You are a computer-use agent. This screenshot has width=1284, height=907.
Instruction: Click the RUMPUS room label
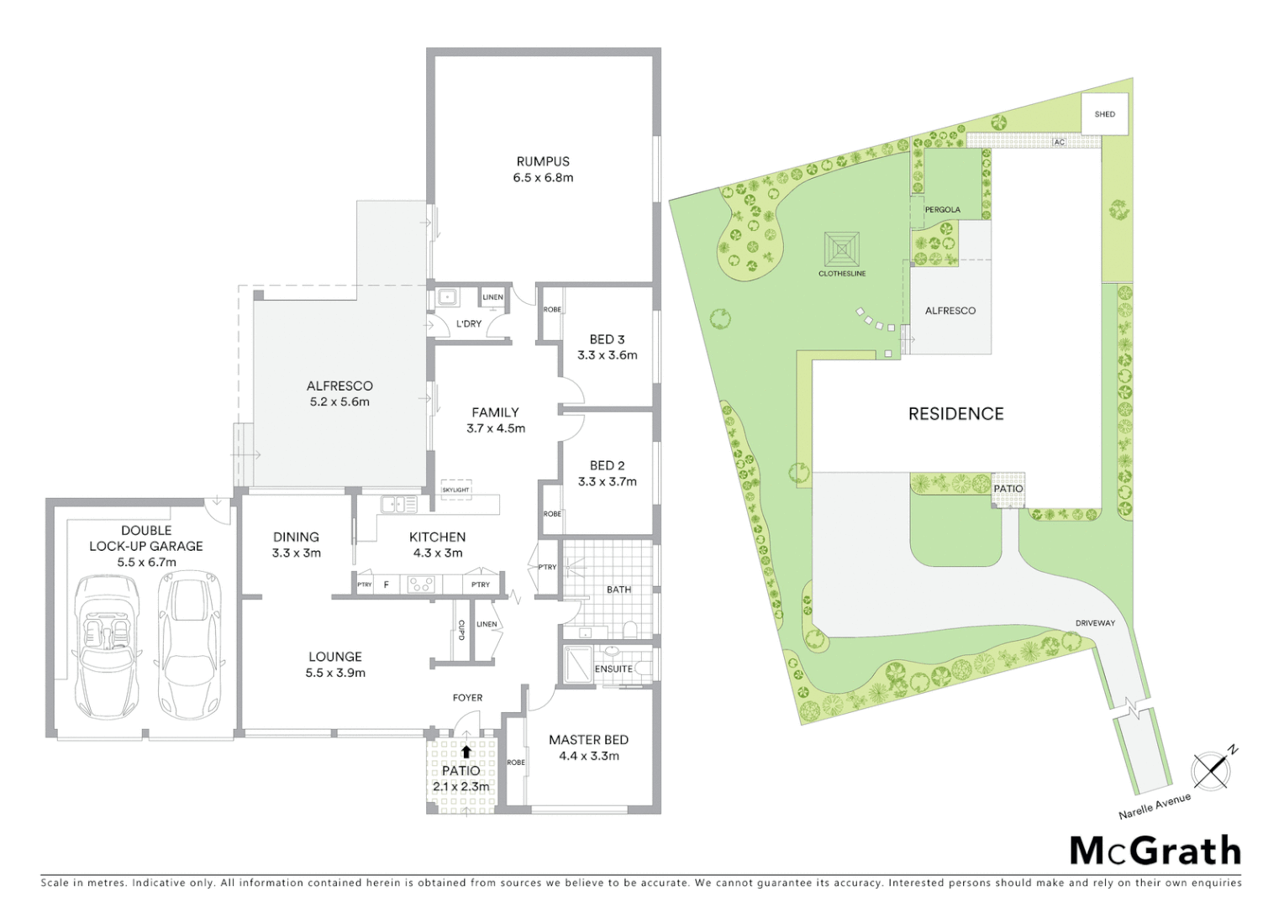[543, 161]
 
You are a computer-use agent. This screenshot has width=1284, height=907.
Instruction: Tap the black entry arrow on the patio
[466, 752]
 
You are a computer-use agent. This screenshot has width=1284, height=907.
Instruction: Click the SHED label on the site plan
[1104, 114]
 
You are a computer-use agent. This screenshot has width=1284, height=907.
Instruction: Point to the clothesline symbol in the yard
[842, 249]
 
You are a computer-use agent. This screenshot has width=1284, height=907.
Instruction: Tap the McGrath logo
[1155, 851]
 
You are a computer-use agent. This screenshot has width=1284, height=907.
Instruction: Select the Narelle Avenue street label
[1154, 805]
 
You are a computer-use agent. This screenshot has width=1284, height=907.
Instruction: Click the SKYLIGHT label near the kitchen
[455, 490]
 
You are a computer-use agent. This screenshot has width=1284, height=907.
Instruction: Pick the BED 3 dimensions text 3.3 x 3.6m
[607, 355]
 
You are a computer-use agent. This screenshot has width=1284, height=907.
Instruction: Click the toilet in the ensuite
[643, 668]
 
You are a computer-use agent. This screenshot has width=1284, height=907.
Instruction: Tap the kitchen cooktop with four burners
[420, 584]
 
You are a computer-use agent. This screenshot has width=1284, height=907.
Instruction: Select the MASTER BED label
[588, 740]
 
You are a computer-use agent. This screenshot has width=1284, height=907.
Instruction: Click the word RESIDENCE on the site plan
[955, 413]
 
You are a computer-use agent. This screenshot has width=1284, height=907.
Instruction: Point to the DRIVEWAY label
[1095, 623]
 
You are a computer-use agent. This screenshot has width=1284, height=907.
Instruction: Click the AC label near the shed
[1059, 143]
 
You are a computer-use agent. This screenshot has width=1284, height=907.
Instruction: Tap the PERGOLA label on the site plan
[942, 210]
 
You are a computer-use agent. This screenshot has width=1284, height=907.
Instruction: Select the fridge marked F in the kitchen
[386, 585]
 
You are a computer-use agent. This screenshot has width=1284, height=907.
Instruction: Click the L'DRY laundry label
[469, 323]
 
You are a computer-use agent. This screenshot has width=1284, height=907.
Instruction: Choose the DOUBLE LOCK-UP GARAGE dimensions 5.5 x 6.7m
[146, 562]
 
